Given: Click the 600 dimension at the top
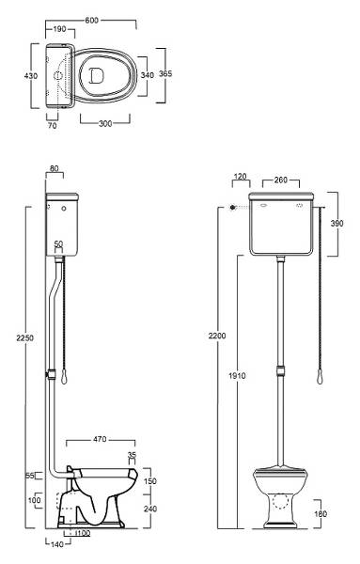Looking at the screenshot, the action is pyautogui.click(x=91, y=20).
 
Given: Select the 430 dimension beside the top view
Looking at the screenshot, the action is pyautogui.click(x=31, y=76).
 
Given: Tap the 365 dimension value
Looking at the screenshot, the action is pyautogui.click(x=165, y=73).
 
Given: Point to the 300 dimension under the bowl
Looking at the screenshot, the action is pyautogui.click(x=105, y=123).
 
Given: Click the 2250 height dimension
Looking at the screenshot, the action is pyautogui.click(x=24, y=337).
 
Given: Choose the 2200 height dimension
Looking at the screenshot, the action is pyautogui.click(x=217, y=336).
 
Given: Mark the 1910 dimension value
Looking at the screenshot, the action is pyautogui.click(x=237, y=376).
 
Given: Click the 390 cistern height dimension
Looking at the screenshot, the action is pyautogui.click(x=337, y=223).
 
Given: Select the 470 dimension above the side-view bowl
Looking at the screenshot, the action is pyautogui.click(x=100, y=439).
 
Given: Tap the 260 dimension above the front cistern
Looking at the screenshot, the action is pyautogui.click(x=280, y=180).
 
